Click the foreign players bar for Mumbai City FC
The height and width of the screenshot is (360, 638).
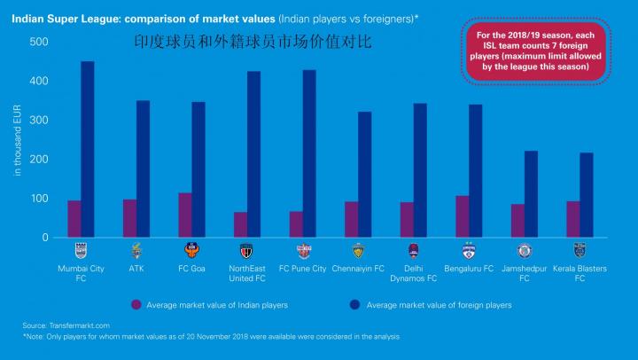[88, 150]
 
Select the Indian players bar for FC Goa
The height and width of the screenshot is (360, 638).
[184, 215]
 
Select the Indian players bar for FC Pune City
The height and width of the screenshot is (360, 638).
[296, 224]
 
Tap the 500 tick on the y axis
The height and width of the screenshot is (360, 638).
[39, 42]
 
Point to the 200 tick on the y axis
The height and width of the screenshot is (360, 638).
[39, 160]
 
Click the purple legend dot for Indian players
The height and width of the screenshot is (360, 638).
[136, 305]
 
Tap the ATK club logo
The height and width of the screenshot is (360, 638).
[136, 249]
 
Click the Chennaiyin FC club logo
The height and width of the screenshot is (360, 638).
[358, 249]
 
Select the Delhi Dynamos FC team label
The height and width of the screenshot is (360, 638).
[413, 273]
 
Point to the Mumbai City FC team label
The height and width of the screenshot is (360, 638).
[81, 273]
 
